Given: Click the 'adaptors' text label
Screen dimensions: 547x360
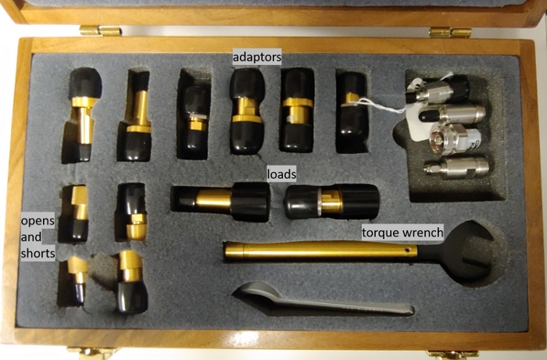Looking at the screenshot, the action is [257, 57].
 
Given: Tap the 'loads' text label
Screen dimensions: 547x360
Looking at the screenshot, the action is [281, 174].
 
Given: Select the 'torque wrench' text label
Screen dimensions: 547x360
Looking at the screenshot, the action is [402, 232].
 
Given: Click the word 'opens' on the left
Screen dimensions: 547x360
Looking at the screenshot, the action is [38, 220].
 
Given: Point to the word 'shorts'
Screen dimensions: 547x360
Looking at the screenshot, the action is [38, 253].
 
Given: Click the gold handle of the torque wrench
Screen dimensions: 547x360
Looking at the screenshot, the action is [320, 251].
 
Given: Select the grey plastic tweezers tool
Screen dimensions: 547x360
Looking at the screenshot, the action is [322, 301].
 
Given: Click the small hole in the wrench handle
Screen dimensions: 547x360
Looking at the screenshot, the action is [407, 250].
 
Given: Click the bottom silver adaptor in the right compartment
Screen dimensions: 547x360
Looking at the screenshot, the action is [456, 167].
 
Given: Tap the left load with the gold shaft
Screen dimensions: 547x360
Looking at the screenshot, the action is [220, 201].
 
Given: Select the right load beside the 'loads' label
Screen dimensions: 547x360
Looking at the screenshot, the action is [332, 201].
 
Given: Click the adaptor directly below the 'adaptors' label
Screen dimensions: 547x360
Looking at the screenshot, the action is [247, 111].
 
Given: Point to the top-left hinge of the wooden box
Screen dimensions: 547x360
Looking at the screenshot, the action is [101, 30].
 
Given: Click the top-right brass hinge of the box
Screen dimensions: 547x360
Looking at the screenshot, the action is [450, 33].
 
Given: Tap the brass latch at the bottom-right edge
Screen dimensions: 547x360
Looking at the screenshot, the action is [453, 355].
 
